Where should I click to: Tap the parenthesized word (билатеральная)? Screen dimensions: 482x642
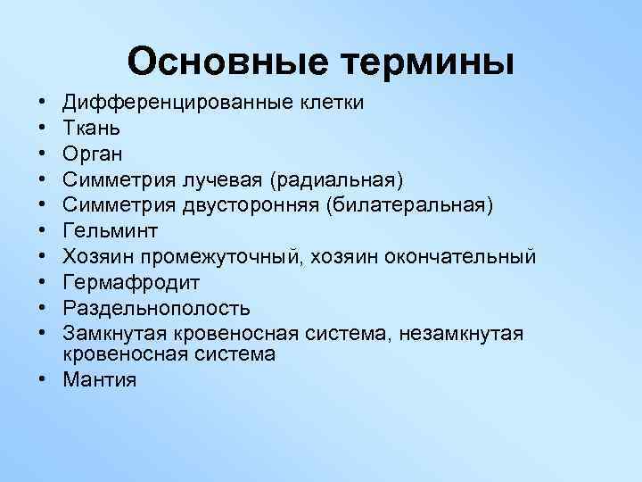[x=410, y=205]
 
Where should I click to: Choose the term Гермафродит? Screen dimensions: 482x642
[x=131, y=283]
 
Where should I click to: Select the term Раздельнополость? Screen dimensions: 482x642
[x=156, y=309]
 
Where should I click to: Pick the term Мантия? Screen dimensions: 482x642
[x=99, y=378]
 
